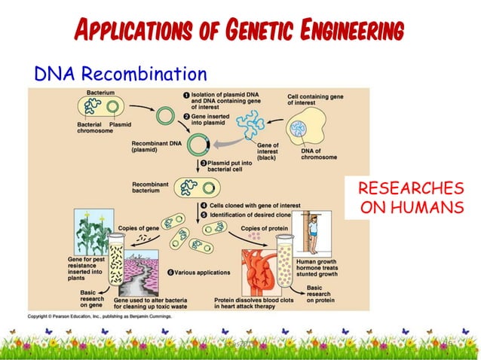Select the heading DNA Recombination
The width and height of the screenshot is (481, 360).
pos(120,74)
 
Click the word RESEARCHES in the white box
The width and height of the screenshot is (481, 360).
pos(409,188)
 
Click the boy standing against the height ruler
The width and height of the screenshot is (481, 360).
pos(315,233)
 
